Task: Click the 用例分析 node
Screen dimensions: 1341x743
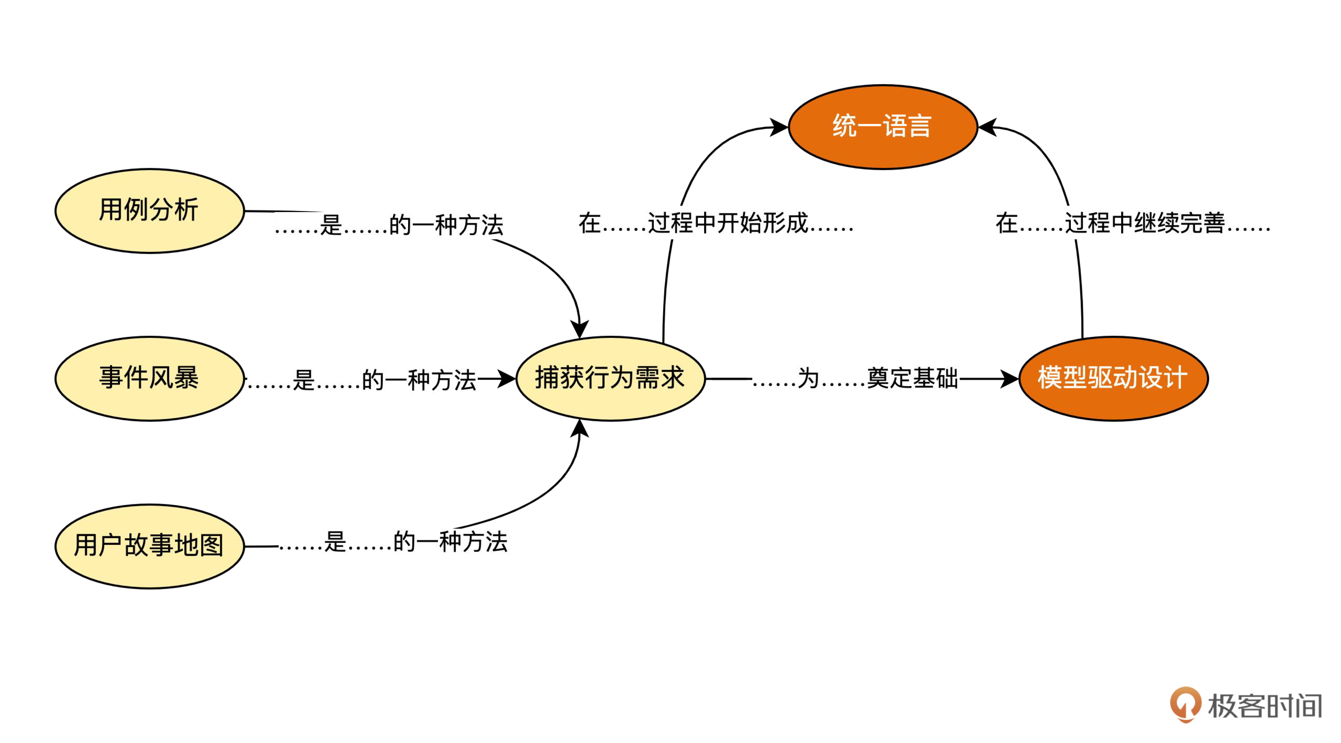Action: tap(150, 211)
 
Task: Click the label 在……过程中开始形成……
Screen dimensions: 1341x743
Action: tap(716, 223)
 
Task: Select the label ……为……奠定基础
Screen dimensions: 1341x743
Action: tap(855, 378)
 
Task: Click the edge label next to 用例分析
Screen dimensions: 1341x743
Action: tap(389, 225)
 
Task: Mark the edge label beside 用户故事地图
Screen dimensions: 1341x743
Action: tap(393, 542)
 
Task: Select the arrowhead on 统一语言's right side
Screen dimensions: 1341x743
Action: tap(988, 127)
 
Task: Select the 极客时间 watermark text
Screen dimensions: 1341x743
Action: tap(1264, 706)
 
